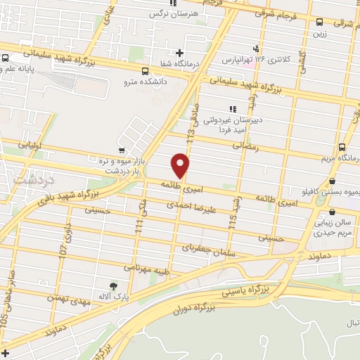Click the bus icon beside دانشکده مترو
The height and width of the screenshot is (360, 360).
(x=145, y=71)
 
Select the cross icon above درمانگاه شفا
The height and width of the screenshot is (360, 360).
(x=180, y=52)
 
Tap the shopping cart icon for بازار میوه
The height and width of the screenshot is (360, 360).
(x=123, y=150)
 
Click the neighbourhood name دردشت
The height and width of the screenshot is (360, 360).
(x=29, y=181)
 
